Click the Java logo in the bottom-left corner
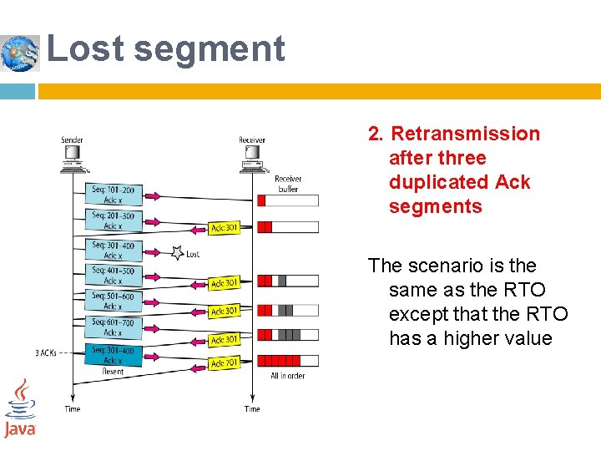(x=19, y=408)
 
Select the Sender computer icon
(x=72, y=157)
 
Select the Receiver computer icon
(x=251, y=157)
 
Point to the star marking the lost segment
(x=176, y=252)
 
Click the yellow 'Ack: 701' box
(x=225, y=363)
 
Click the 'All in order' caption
(x=288, y=376)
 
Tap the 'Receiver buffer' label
(x=288, y=184)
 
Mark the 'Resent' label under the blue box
(x=113, y=372)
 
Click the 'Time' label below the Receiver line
(x=252, y=409)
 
